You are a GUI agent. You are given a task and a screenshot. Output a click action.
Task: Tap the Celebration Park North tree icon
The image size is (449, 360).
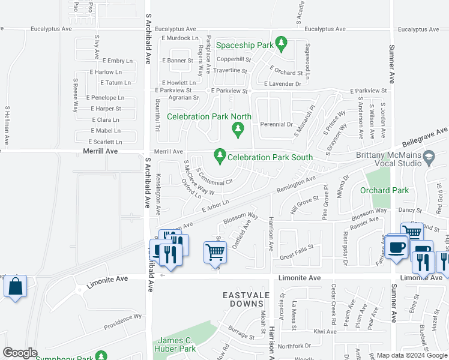click(238, 128)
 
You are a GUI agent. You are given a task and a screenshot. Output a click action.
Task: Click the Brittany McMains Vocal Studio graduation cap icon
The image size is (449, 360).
click(429, 158)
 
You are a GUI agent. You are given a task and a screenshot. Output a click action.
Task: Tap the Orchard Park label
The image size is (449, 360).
click(384, 191)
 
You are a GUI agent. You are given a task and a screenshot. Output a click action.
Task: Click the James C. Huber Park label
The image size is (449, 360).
click(177, 344)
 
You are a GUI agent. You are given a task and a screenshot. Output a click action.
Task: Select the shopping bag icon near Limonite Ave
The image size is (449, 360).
click(15, 286)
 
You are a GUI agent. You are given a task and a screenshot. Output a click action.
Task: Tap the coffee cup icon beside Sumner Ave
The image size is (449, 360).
click(397, 247)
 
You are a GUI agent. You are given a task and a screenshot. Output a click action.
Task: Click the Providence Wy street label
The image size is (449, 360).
click(122, 321)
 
